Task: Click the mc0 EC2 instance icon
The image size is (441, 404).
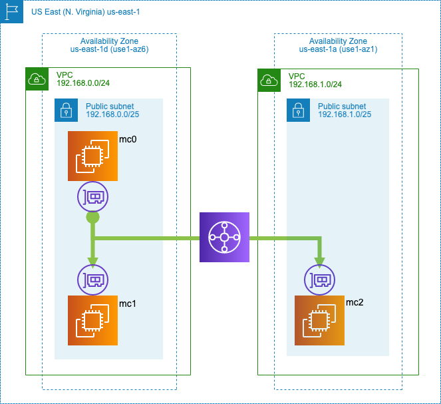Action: pos(92,156)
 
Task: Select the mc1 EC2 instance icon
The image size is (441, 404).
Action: pos(92,321)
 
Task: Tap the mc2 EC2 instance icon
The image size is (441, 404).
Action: pos(320,321)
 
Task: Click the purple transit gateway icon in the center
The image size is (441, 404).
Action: pos(224,237)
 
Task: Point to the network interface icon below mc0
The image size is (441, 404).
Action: pos(92,197)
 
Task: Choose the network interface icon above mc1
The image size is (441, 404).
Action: pos(92,280)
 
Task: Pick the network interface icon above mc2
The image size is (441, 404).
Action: pos(320,280)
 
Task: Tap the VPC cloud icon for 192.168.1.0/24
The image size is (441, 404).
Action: pos(269,80)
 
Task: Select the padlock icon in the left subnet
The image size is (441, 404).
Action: pos(66,110)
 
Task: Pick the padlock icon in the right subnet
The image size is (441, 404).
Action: pos(298,110)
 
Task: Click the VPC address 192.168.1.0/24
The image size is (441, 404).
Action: pos(315,85)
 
